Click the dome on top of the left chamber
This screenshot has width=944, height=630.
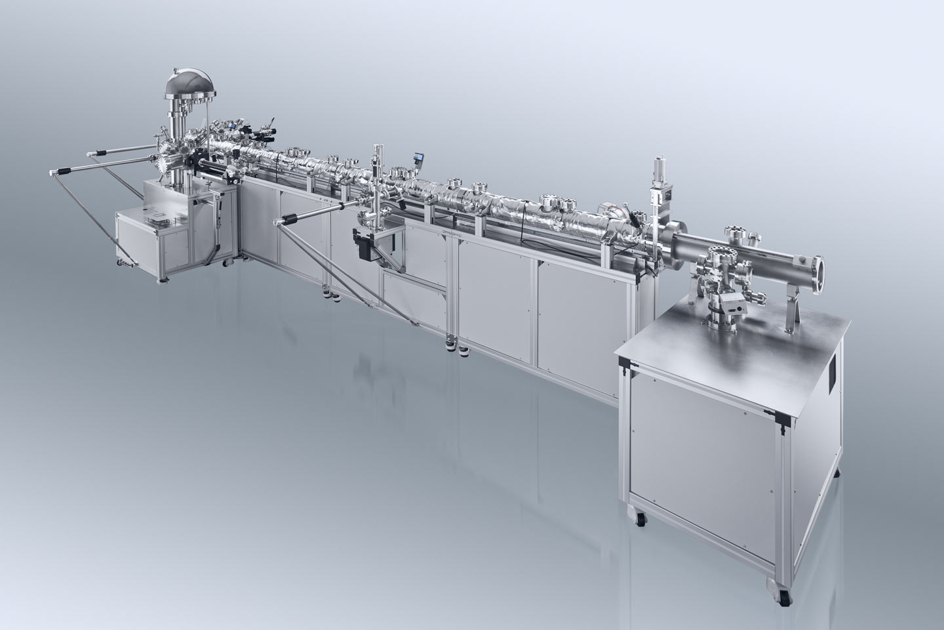186,83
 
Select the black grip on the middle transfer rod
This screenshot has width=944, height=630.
290,219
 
